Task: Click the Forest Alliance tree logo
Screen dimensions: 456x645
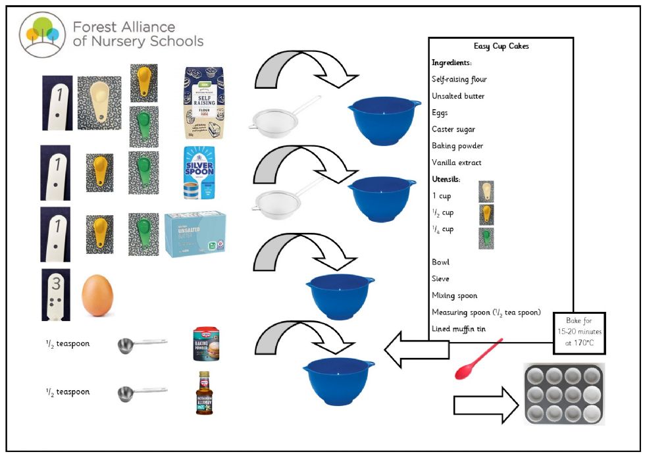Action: pyautogui.click(x=41, y=34)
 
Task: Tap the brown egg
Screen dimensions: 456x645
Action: pyautogui.click(x=97, y=296)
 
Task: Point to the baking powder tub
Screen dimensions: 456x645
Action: pyautogui.click(x=204, y=344)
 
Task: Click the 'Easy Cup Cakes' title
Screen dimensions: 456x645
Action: pyautogui.click(x=501, y=47)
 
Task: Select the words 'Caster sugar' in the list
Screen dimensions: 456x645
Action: pyautogui.click(x=455, y=129)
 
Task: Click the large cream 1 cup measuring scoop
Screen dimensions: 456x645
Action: pyautogui.click(x=99, y=103)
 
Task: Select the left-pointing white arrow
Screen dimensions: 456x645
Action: pyautogui.click(x=414, y=350)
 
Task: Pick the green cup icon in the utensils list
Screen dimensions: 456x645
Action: pyautogui.click(x=486, y=236)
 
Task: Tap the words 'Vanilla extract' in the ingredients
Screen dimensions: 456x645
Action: pyautogui.click(x=457, y=163)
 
